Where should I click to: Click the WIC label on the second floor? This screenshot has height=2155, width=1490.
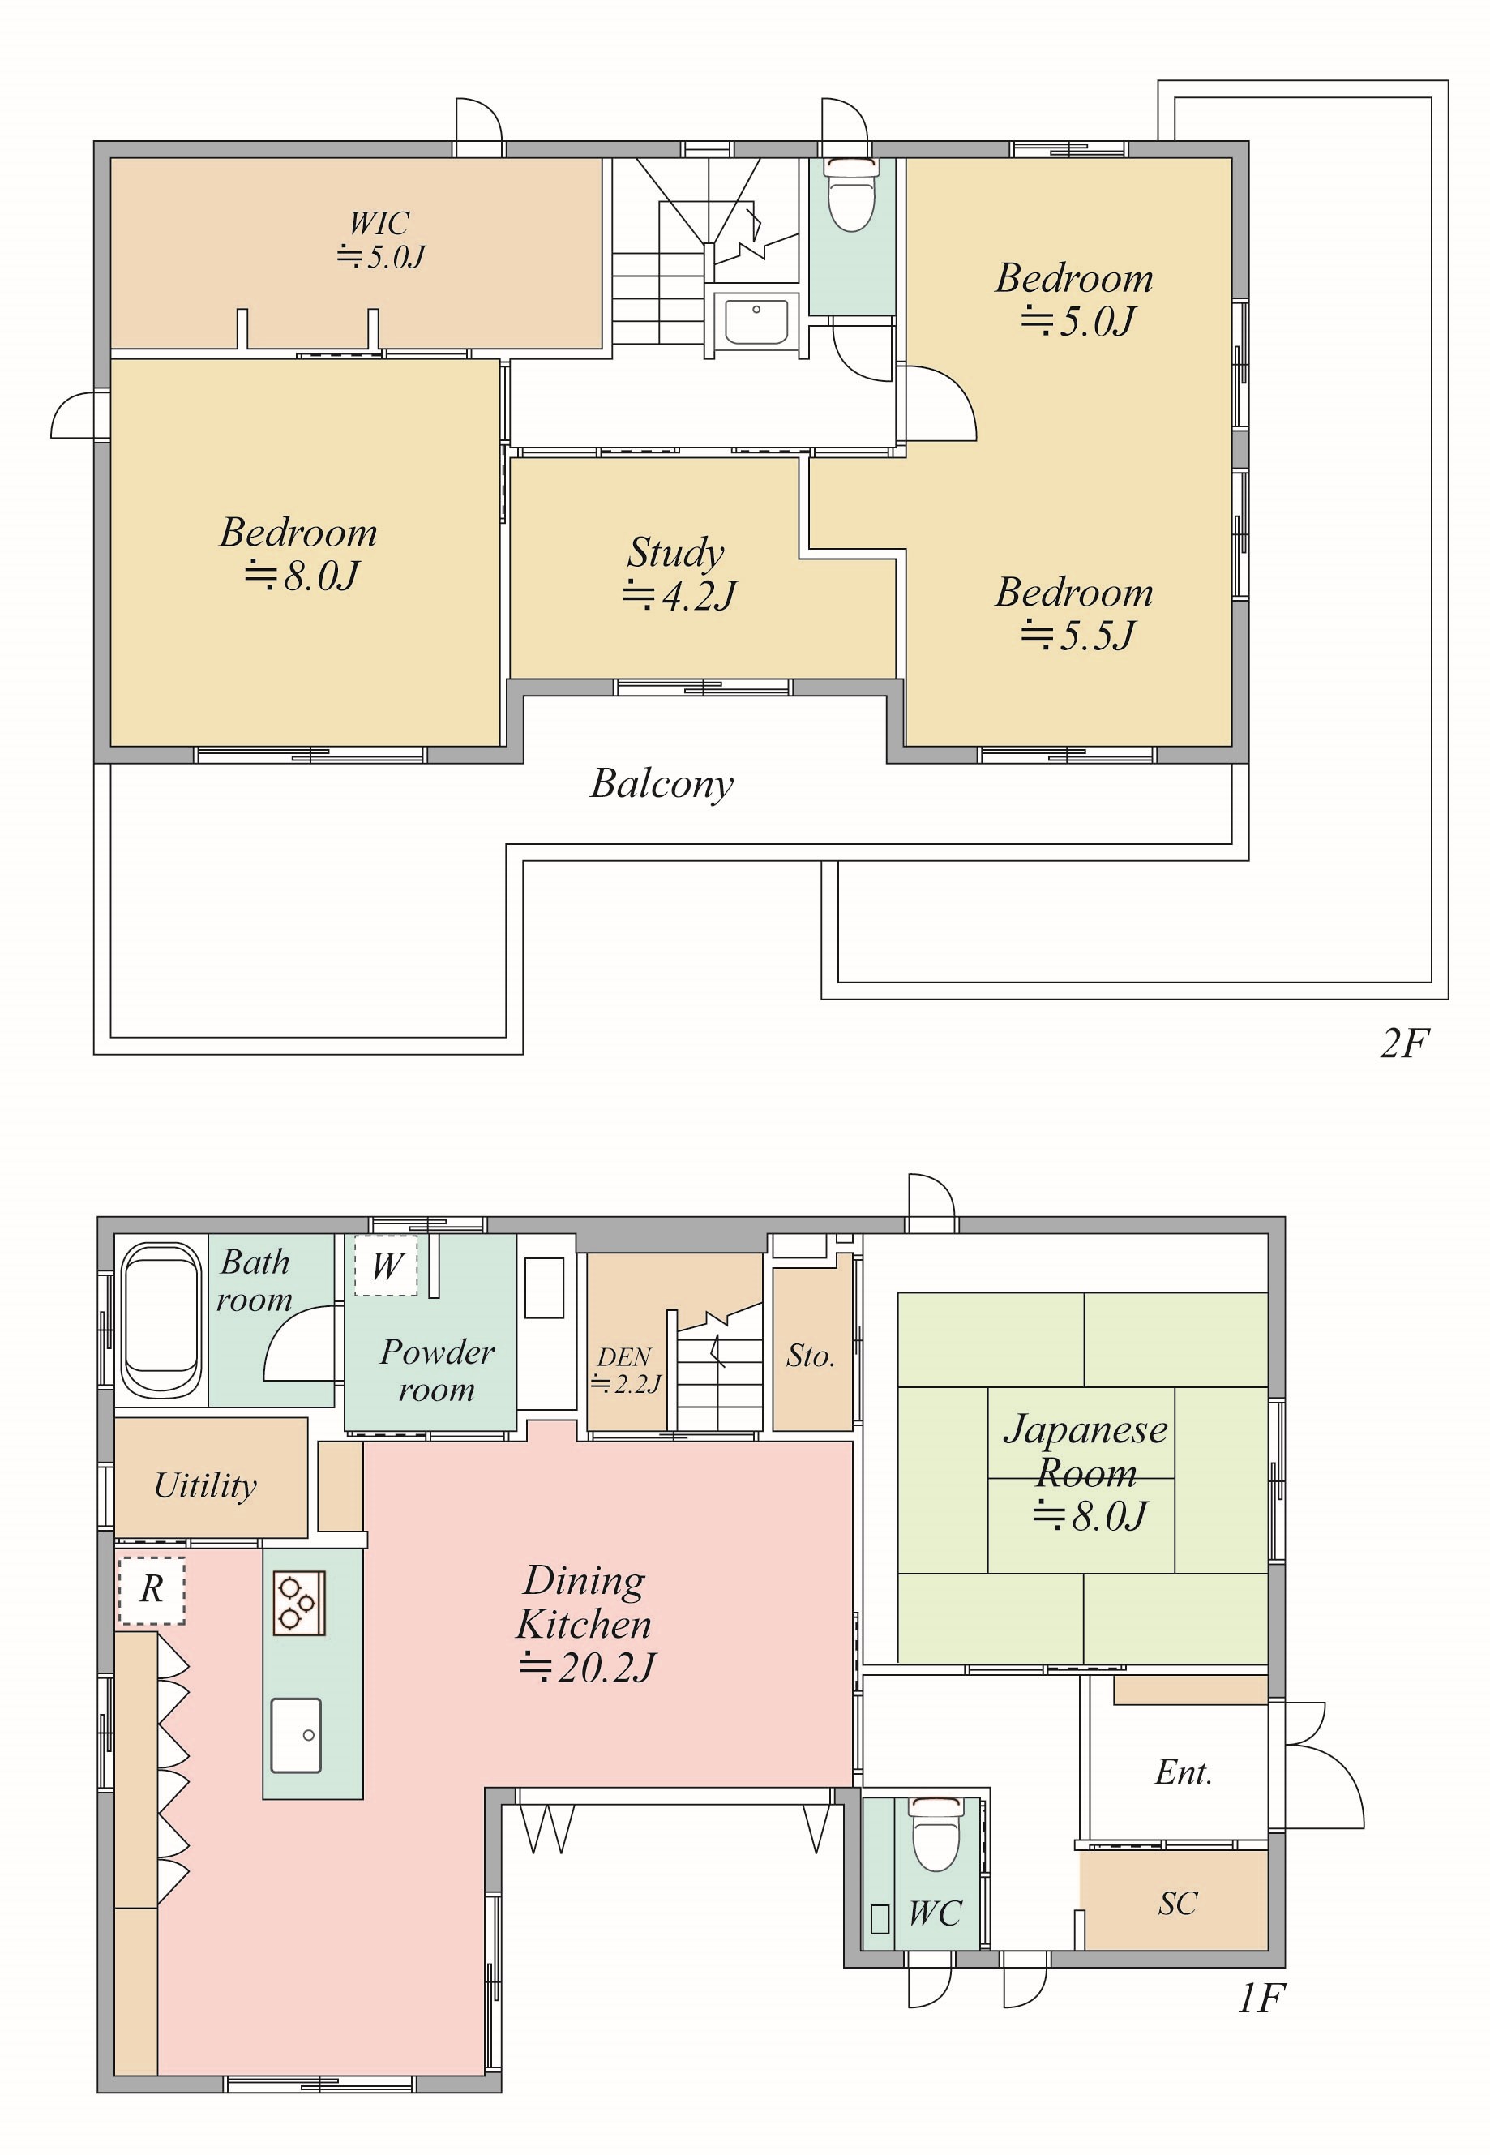(381, 240)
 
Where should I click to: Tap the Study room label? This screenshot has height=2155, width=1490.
(679, 572)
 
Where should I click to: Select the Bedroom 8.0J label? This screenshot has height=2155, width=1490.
(299, 553)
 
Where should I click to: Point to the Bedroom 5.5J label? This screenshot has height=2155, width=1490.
(1075, 612)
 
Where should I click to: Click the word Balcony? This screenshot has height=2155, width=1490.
(662, 784)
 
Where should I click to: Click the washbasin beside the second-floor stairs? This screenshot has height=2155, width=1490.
(756, 320)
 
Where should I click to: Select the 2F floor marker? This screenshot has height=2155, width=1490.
(1404, 1043)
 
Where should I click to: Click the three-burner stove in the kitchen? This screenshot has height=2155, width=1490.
(299, 1603)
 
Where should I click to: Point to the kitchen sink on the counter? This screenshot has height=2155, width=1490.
(296, 1735)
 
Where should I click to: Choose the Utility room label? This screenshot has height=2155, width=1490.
(205, 1486)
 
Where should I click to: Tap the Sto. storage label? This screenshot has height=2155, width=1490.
(811, 1355)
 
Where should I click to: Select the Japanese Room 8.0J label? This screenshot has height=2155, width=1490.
(1085, 1472)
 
